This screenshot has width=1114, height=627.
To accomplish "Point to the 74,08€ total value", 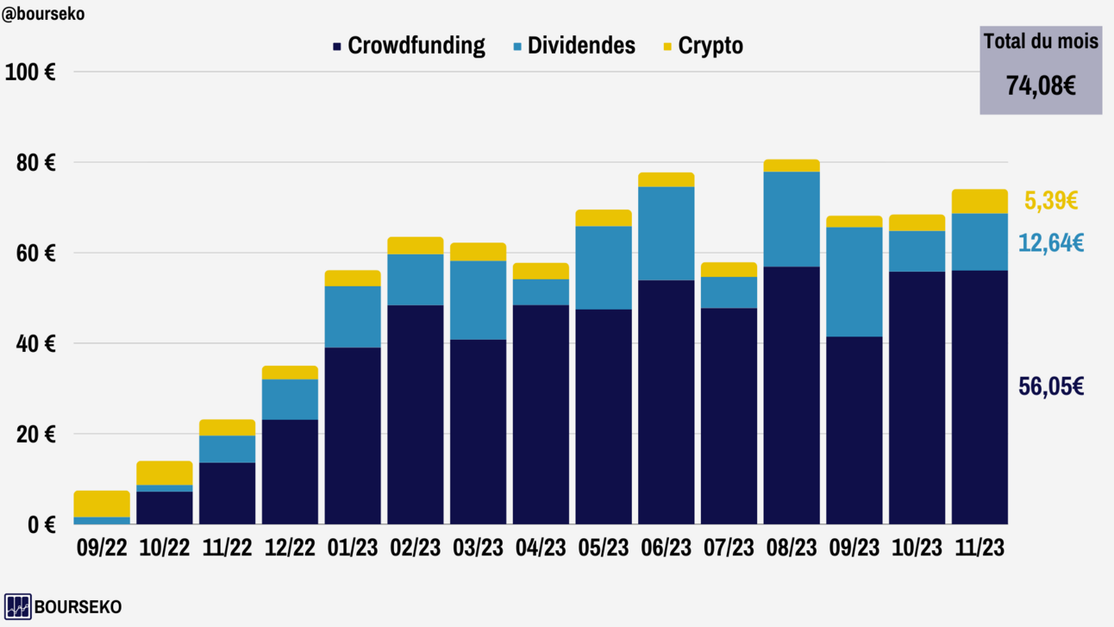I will click(x=1041, y=85).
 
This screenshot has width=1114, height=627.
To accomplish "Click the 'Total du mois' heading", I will click(x=1041, y=41).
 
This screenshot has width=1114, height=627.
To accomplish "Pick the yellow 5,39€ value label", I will click(x=1050, y=201).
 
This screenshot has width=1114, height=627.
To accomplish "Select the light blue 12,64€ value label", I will click(x=1050, y=243).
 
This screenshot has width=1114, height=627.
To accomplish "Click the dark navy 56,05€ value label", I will click(x=1050, y=386).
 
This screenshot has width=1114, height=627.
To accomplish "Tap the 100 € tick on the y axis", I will click(x=30, y=72).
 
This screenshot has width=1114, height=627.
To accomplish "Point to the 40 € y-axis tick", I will click(x=36, y=343).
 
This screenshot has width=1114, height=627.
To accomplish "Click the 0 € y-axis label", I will click(x=41, y=524).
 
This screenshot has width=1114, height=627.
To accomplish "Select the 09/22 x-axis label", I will click(x=102, y=548).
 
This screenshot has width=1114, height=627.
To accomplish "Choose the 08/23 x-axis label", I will click(x=792, y=548).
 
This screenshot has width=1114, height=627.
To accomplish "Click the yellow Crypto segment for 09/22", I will click(x=102, y=504).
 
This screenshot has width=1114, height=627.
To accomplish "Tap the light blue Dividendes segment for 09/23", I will click(x=854, y=282).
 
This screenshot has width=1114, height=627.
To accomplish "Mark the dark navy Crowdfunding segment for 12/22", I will click(x=290, y=472).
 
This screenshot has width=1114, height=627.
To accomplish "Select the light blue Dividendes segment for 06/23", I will click(x=667, y=233).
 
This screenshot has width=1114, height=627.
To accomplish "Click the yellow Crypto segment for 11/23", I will click(x=979, y=201).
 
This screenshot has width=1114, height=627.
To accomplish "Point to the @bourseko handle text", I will click(x=43, y=14).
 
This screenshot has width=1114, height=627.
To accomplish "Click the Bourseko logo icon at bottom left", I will click(x=17, y=606).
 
